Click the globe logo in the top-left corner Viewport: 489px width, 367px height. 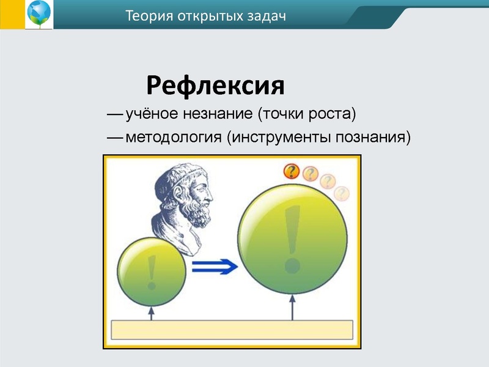tap(39, 15)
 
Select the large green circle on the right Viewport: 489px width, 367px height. tap(292, 238)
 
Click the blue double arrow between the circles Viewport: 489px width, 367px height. tap(213, 265)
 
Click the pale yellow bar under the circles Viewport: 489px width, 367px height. tap(232, 330)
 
